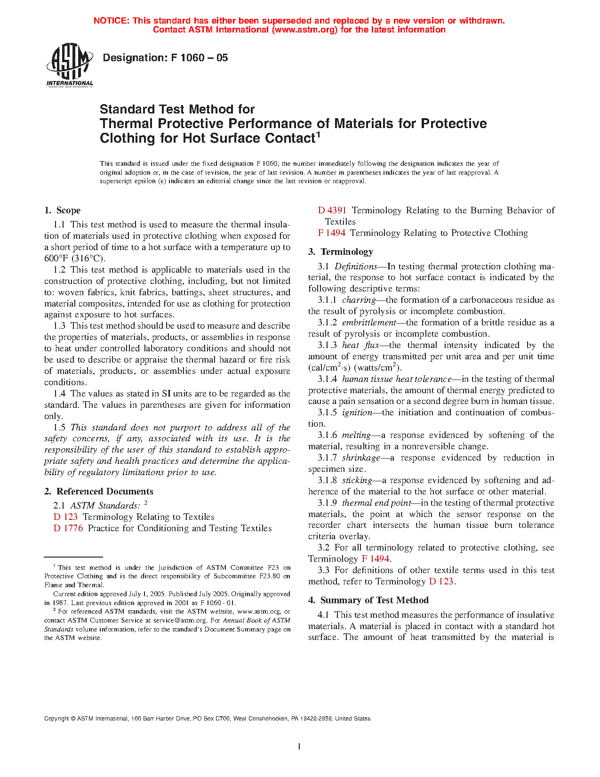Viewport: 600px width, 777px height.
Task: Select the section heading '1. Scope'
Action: tap(63, 210)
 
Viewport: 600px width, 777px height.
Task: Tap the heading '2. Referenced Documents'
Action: tap(99, 492)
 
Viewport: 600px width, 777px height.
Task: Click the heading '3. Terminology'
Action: tap(341, 252)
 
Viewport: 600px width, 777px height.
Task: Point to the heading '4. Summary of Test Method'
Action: tap(368, 600)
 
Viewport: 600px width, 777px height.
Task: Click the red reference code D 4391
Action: tap(332, 210)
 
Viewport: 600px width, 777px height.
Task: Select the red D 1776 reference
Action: tap(68, 528)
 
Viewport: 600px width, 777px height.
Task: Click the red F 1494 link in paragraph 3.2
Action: tap(376, 559)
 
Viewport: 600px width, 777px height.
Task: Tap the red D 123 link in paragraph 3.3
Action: tap(441, 582)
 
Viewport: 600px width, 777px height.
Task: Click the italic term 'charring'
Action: tap(359, 300)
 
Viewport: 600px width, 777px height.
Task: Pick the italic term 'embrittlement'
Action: tap(369, 323)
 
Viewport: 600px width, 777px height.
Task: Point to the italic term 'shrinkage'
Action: tap(361, 458)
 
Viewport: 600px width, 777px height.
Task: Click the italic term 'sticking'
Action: tap(357, 480)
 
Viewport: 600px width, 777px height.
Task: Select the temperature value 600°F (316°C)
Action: tap(75, 259)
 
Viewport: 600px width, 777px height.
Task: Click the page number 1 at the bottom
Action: tap(299, 746)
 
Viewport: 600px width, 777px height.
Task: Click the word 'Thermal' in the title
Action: tap(126, 124)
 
